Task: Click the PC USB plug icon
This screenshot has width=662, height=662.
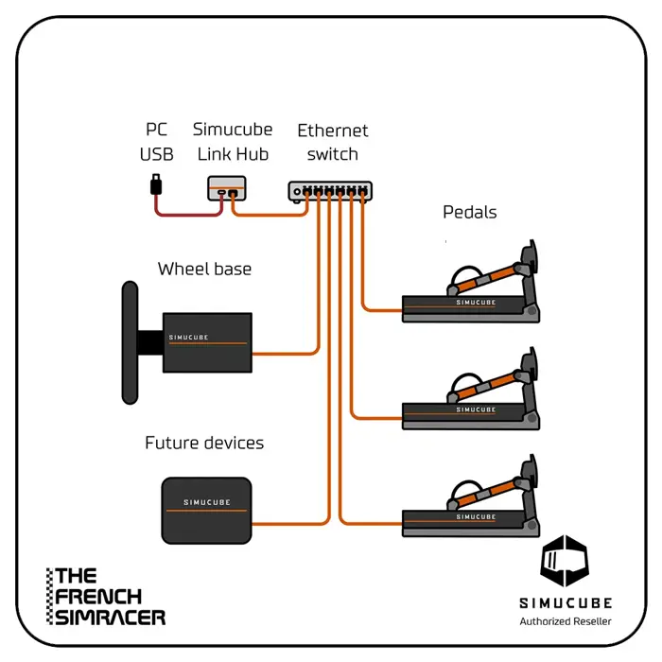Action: (156, 183)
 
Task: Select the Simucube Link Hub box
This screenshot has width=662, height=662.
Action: (226, 188)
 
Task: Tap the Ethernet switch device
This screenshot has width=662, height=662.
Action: (330, 190)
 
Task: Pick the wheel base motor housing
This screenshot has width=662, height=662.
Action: (207, 342)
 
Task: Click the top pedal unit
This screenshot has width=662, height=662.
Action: (472, 293)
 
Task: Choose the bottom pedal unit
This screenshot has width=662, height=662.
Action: (472, 507)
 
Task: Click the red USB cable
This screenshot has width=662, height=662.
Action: (189, 213)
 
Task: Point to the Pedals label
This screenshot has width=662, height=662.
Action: (470, 212)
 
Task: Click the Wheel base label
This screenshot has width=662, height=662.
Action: (204, 270)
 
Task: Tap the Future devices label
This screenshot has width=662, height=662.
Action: (204, 443)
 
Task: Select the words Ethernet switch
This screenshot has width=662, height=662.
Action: (333, 142)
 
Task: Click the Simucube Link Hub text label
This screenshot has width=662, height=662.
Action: (232, 142)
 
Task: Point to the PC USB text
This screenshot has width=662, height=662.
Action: (157, 142)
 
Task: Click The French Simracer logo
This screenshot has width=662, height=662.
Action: (106, 596)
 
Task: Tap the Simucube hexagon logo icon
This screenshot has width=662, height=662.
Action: (565, 562)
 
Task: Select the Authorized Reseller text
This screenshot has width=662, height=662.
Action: (566, 621)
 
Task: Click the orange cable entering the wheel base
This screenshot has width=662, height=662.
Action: (284, 355)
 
